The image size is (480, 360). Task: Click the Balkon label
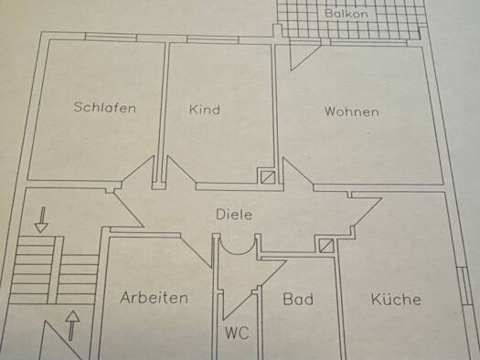345,14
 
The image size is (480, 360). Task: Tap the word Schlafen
105,108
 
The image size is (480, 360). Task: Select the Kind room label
204,110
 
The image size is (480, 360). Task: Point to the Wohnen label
351,112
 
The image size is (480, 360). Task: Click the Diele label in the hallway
233,214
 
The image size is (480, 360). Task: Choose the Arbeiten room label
154,298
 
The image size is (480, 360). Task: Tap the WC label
236,333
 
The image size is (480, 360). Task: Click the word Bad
298,299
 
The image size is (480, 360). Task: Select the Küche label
395,299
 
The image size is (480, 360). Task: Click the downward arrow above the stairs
40,219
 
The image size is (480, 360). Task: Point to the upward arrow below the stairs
73,324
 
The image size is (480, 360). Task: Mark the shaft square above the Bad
326,245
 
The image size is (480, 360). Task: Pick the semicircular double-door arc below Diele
238,245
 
